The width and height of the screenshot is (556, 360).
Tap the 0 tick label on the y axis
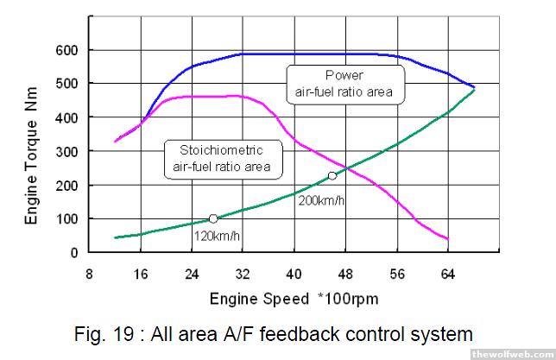pyautogui.click(x=73, y=253)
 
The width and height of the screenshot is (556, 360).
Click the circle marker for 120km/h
pyautogui.click(x=213, y=219)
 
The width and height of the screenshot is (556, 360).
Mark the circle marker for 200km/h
pyautogui.click(x=332, y=176)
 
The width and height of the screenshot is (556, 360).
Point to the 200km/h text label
pyautogui.click(x=321, y=200)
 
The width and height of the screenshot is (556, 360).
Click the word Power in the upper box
pyautogui.click(x=344, y=75)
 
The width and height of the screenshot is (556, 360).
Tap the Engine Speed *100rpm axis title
pyautogui.click(x=294, y=299)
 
